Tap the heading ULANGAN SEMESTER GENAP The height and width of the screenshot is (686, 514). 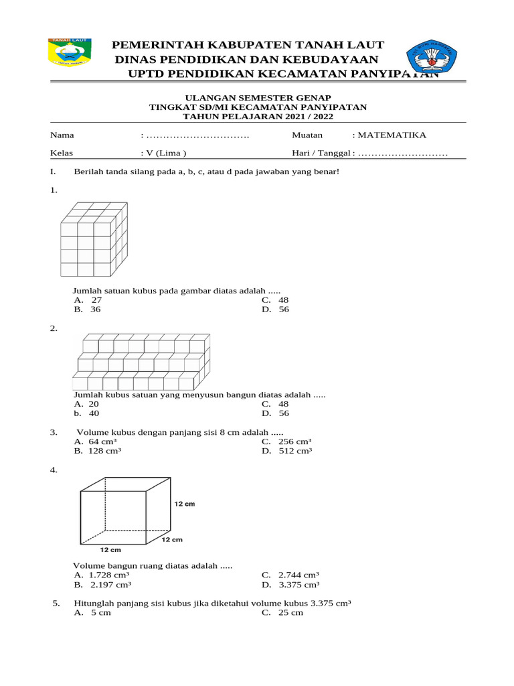[257, 98]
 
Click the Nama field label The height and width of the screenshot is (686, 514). [61, 135]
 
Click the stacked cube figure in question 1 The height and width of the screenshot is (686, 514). [93, 240]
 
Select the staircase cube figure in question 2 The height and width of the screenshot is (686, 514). [143, 362]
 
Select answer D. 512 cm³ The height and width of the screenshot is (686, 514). [287, 451]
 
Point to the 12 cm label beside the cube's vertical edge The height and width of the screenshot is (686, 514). [184, 504]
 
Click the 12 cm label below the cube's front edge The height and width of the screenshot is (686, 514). [110, 549]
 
